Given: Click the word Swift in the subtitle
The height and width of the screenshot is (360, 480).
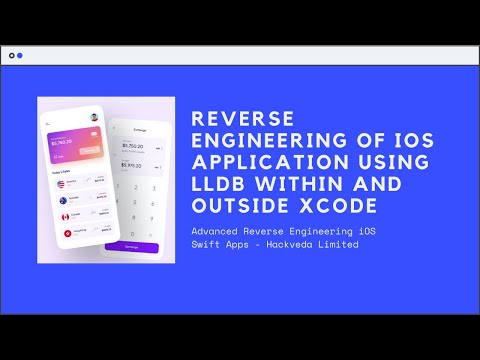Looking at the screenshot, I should (208, 246).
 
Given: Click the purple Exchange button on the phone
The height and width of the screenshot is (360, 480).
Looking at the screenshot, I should (139, 245).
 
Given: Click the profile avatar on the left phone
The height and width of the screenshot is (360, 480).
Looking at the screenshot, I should (92, 118).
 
